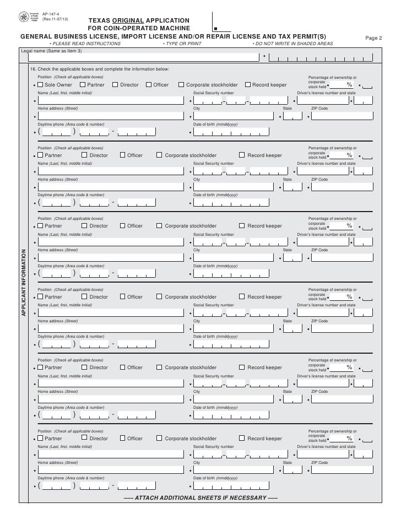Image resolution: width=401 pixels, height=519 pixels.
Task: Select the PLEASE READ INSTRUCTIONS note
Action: point(85,43)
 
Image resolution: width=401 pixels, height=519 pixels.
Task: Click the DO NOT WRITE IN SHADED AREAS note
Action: point(292,43)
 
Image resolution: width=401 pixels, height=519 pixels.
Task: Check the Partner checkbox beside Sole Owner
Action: point(83,85)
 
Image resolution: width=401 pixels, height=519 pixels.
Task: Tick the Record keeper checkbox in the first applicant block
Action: point(247,85)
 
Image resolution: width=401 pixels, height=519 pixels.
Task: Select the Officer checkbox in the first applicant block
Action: point(149,85)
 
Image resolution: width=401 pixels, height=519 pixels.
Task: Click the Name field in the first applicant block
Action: point(110,101)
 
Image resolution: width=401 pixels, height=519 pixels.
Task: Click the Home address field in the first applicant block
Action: point(110,116)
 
